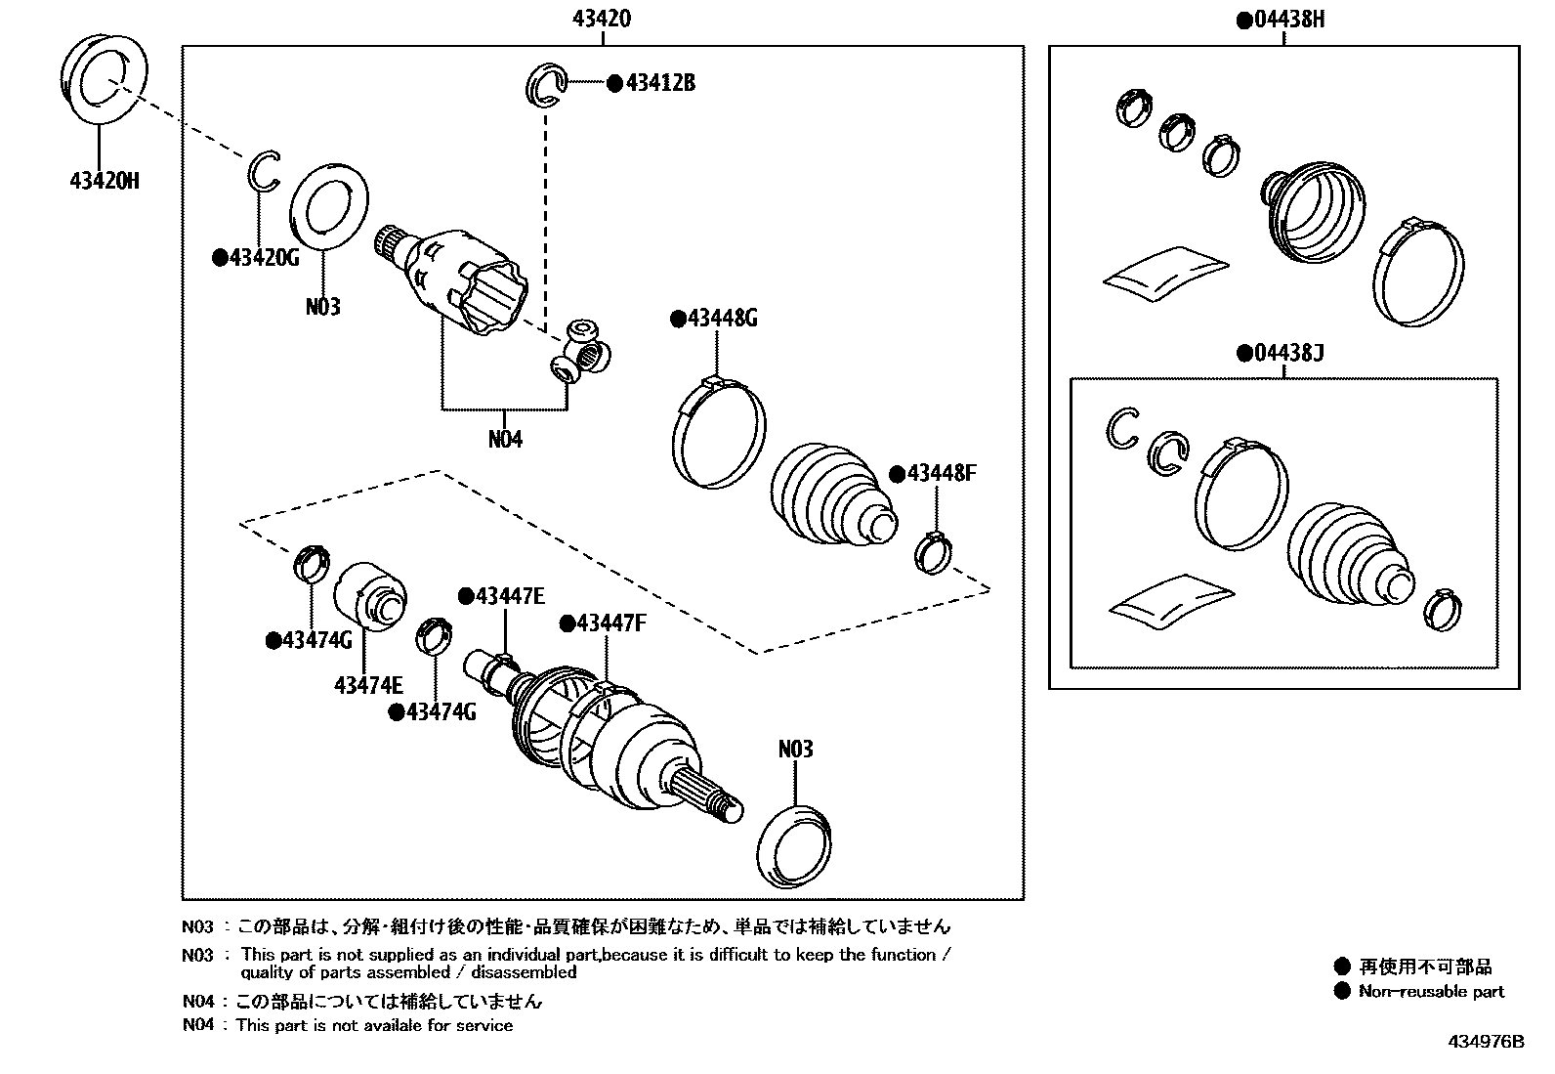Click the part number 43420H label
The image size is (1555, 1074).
coord(104,181)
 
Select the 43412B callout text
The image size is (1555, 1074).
coord(659,83)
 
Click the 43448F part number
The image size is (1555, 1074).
coord(940,474)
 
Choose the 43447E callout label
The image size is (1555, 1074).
coord(508,596)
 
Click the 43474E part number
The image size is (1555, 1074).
coord(368,685)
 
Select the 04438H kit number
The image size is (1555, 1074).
coord(1286,20)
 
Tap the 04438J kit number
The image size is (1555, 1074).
coord(1286,353)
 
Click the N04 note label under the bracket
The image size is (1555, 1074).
coord(505,439)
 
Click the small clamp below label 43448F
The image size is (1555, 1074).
coord(934,551)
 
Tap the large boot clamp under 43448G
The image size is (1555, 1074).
coord(717,430)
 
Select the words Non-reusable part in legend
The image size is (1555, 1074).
coord(1431,991)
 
